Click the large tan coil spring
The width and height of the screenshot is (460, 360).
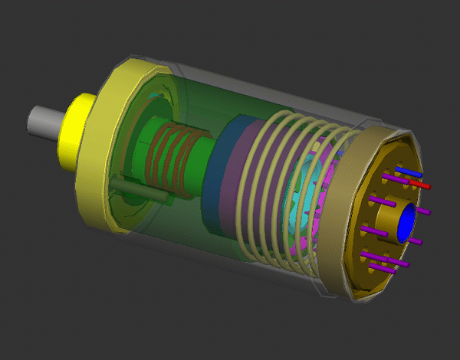tap(276, 191)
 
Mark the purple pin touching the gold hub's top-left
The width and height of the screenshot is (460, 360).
tap(381, 202)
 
